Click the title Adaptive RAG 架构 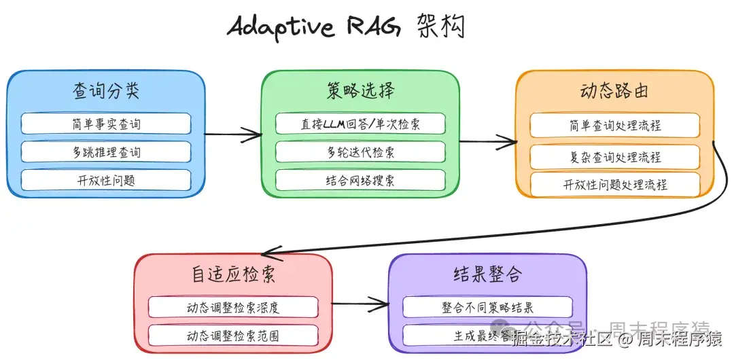347,27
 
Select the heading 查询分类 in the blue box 106,91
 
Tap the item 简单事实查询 106,124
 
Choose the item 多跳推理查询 106,151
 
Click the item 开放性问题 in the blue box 106,180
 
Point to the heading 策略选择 360,91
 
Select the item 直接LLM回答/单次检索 360,124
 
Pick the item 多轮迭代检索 360,151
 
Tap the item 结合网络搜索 360,180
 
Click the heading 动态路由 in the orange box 614,91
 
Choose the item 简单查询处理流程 614,126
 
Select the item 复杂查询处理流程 614,157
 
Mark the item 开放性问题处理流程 614,185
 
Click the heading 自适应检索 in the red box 233,275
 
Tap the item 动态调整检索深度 233,307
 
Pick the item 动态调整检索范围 233,336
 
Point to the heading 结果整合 487,275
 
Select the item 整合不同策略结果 487,307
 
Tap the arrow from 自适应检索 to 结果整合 360,303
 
